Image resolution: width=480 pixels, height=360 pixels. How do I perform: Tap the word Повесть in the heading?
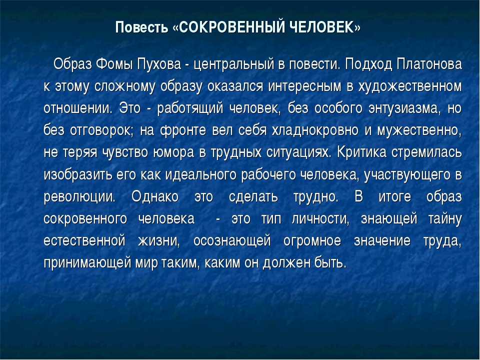point(141,27)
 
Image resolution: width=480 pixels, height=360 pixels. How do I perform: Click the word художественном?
point(409,87)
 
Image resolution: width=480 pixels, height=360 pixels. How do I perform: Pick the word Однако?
point(155,196)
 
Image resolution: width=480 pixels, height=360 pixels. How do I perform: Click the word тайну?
point(445,219)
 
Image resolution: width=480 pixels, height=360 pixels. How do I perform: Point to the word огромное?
point(312,241)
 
